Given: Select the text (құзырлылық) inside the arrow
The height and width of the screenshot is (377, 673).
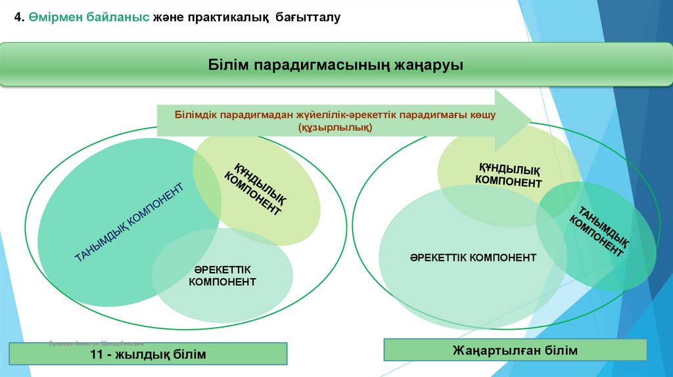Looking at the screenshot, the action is click(335, 127).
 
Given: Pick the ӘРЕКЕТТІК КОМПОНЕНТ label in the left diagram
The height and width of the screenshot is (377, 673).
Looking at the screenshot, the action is click(222, 276).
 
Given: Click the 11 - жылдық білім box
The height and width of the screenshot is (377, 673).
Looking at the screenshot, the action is click(148, 355).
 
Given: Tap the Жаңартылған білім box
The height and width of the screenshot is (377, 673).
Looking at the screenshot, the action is click(515, 350).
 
